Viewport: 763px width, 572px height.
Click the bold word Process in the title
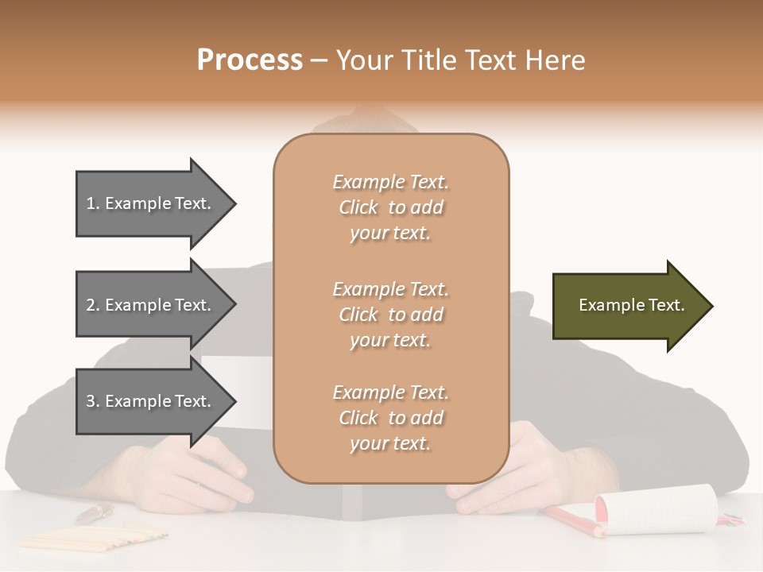point(250,60)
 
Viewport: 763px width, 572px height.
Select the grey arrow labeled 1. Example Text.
point(151,203)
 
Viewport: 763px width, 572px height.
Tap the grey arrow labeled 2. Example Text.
point(151,305)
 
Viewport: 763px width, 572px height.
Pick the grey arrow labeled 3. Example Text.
point(151,401)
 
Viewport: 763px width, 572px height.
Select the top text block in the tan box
point(390,207)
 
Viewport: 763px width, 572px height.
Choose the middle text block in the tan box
point(390,315)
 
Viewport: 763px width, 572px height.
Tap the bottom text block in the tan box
point(390,418)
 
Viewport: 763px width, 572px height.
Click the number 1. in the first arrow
point(93,204)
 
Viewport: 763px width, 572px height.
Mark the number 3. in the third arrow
point(93,402)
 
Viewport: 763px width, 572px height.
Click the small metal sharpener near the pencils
point(94,513)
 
